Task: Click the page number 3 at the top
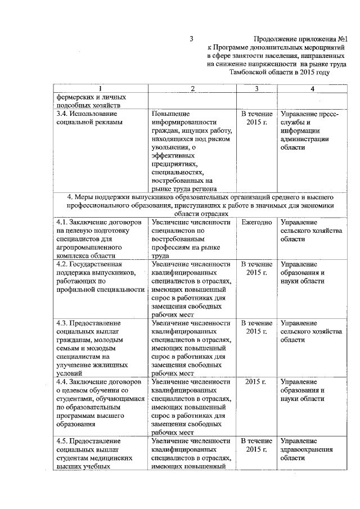191,39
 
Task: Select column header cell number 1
100,89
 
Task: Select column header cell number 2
192,89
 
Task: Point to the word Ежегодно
256,223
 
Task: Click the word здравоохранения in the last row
307,449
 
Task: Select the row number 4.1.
62,223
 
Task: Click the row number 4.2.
62,264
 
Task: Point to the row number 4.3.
62,323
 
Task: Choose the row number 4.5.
62,441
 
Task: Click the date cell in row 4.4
256,382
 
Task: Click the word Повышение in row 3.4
172,114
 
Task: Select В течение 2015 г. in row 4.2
256,268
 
